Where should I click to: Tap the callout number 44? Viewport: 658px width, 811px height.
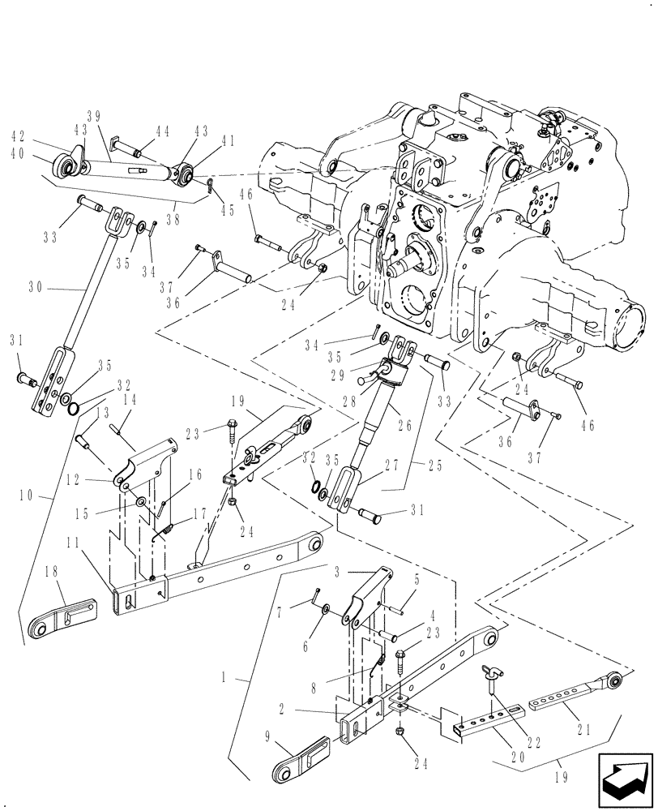pos(163,131)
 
